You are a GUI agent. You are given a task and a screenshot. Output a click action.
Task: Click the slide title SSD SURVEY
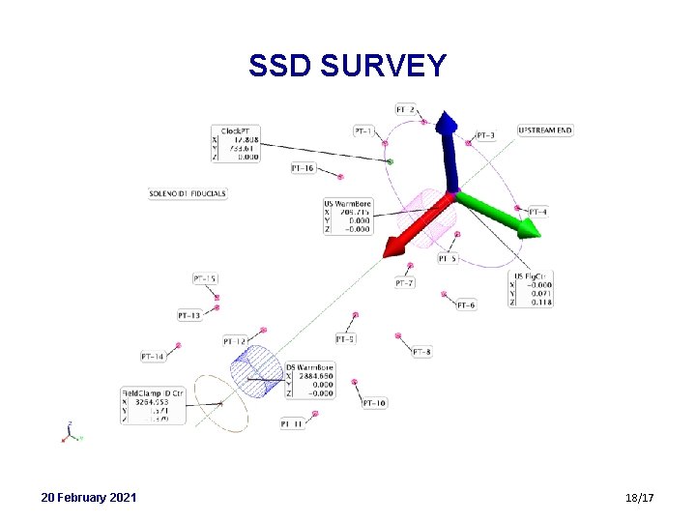coord(347,66)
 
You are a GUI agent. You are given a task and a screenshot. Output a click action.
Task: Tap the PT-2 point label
coord(407,109)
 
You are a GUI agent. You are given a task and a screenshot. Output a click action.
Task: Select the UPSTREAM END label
coord(545,130)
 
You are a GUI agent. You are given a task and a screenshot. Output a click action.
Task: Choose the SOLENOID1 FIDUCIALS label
coord(188,193)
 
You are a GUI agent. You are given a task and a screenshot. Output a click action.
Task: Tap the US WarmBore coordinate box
coord(348,217)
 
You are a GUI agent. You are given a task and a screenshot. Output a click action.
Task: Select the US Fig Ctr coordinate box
coord(532,289)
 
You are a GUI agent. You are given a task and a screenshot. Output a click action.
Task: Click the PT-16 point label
coord(303,168)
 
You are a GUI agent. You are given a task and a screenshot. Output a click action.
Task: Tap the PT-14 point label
coord(153,357)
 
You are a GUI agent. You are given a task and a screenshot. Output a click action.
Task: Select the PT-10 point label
coord(375,403)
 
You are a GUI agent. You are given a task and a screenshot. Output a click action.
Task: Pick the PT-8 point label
coord(422,353)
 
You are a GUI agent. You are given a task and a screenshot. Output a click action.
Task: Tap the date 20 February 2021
coord(89,497)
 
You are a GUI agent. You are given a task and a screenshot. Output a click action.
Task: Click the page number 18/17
coord(640,498)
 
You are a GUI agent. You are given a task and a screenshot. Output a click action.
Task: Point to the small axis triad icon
coord(71,433)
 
